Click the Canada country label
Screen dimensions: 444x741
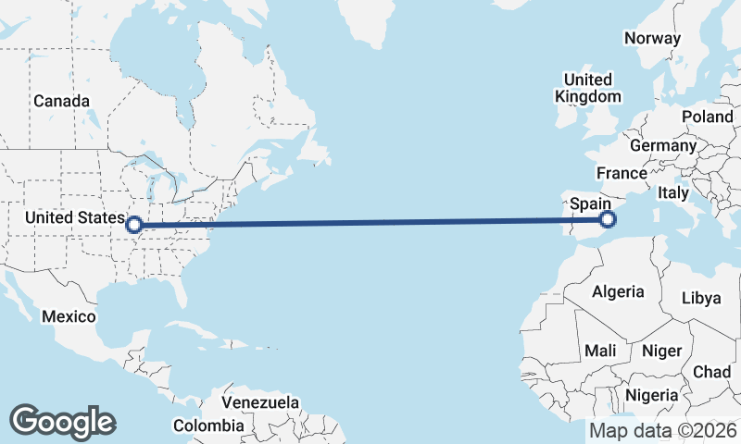pos(61,101)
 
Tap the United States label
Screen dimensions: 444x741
pos(72,217)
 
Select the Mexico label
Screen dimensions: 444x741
pos(69,317)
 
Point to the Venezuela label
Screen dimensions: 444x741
pos(260,402)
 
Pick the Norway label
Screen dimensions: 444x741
pos(652,38)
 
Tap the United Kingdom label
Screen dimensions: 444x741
pos(587,88)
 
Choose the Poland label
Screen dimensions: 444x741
pos(707,117)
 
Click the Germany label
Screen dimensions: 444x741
pos(662,146)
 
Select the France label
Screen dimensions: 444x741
pos(621,173)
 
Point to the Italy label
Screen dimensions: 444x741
pos(673,193)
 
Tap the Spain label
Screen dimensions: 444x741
pos(589,203)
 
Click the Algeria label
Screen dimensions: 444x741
pos(618,291)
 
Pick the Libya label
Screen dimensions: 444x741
pos(700,299)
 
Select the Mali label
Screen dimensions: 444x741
pos(600,351)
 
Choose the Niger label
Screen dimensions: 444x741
pos(661,351)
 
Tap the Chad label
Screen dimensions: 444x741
pos(711,371)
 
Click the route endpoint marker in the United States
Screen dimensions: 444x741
pos(134,224)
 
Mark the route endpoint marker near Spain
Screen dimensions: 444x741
pos(608,219)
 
